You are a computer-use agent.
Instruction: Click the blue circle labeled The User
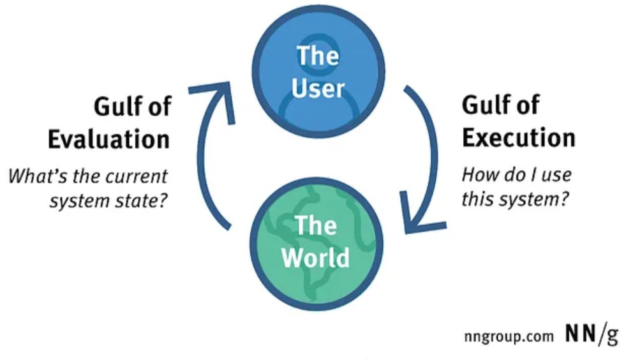pos(318,72)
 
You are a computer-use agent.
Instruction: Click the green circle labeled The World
pos(317,244)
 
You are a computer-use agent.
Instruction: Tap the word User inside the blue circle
pos(318,88)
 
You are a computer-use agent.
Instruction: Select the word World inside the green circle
pos(315,257)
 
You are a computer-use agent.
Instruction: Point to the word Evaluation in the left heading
pos(109,139)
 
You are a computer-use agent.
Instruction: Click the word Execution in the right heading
pos(519,137)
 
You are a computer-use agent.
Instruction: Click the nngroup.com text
pos(509,336)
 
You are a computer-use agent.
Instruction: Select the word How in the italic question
pos(476,175)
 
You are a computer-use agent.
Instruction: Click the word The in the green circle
pos(315,226)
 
